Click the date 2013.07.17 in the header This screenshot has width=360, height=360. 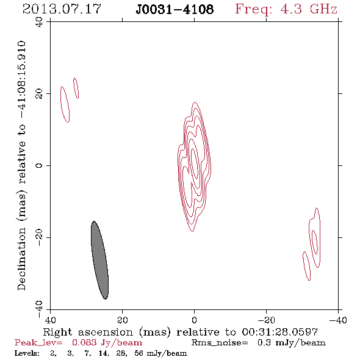pyautogui.click(x=62, y=9)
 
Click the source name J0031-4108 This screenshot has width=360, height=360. pyautogui.click(x=175, y=10)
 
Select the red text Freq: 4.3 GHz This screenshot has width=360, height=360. pyautogui.click(x=286, y=10)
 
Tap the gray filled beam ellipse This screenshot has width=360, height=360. pyautogui.click(x=99, y=260)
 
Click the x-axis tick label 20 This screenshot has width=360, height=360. pyautogui.click(x=122, y=320)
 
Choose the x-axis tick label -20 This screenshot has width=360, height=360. pyautogui.click(x=266, y=320)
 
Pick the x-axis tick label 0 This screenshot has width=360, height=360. pyautogui.click(x=195, y=320)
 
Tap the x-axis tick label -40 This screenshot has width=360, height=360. pyautogui.click(x=338, y=320)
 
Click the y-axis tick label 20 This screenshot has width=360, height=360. pyautogui.click(x=39, y=94)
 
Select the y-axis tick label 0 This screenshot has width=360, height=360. pyautogui.click(x=39, y=165)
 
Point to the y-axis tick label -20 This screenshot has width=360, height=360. pyautogui.click(x=39, y=237)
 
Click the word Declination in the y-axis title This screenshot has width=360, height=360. pyautogui.click(x=21, y=259)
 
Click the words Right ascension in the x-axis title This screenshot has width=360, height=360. pyautogui.click(x=88, y=332)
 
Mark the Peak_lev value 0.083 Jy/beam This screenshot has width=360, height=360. pyautogui.click(x=107, y=343)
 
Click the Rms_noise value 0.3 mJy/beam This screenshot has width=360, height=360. pyautogui.click(x=292, y=343)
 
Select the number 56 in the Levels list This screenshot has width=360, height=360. pyautogui.click(x=139, y=353)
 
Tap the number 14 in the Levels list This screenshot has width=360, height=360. pyautogui.click(x=103, y=353)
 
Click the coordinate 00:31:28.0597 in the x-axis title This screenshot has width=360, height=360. pyautogui.click(x=280, y=332)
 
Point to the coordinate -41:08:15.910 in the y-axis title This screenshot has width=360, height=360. pyautogui.click(x=21, y=79)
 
